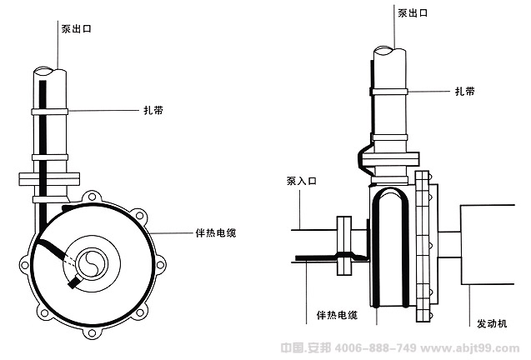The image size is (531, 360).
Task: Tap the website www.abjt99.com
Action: tap(472, 347)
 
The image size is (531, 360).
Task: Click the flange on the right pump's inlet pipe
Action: tap(343, 247)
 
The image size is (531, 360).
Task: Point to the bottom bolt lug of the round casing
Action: tap(90, 334)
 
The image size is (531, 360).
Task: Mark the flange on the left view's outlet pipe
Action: tap(49, 177)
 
